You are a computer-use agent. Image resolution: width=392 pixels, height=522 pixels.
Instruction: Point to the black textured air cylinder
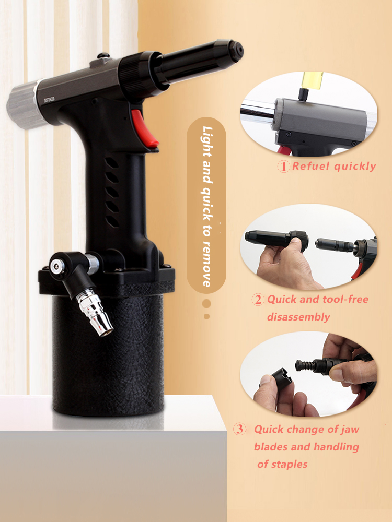pos(107,355)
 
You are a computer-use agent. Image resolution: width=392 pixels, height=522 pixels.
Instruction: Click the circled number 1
pos(283,167)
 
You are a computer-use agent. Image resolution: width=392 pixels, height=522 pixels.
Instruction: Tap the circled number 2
pos(258,300)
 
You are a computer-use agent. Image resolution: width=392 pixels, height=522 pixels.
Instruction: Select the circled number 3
pos(239,430)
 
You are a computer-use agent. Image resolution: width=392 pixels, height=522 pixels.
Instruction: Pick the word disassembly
pos(298,317)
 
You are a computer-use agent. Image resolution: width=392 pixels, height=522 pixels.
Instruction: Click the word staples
pos(290,464)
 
